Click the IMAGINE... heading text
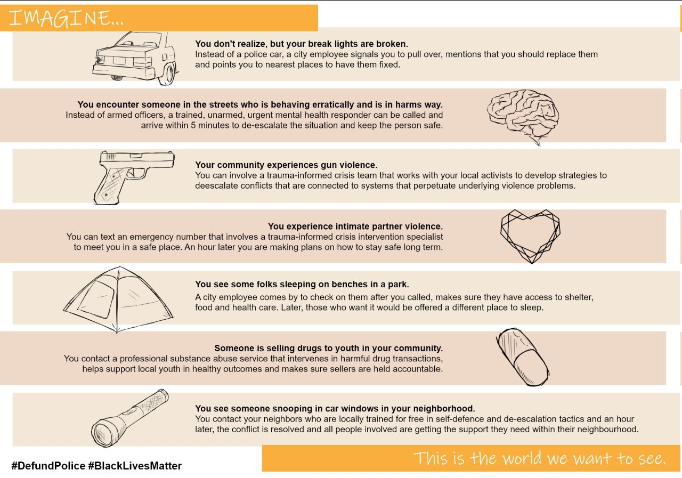coord(66,18)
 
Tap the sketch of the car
coord(135,58)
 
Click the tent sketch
coord(118,299)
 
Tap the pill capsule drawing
coord(522,357)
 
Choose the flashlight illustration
coord(129,418)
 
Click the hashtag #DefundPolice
coord(48,466)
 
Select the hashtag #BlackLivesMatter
coord(135,466)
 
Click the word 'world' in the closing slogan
coord(521,458)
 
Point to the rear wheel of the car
coord(166,75)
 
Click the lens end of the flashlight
coord(103,434)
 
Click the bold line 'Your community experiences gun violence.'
coord(286,165)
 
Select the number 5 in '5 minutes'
coord(193,125)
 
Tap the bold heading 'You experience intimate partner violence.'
coord(355,226)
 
